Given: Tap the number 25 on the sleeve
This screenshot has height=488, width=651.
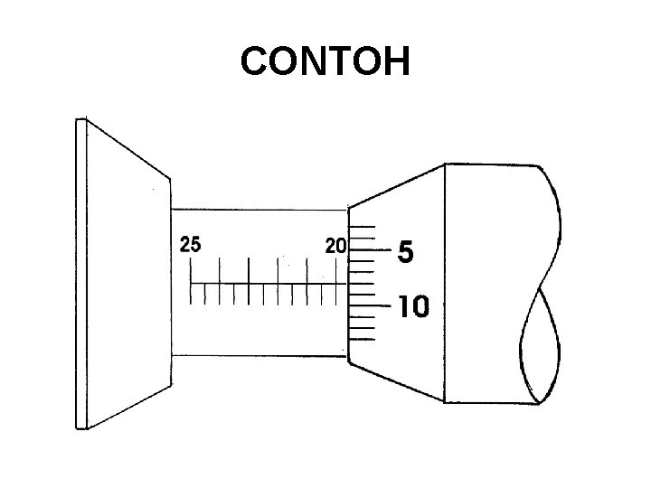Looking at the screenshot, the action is pyautogui.click(x=190, y=245).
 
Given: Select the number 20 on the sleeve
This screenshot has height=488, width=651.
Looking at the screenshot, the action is pyautogui.click(x=336, y=245).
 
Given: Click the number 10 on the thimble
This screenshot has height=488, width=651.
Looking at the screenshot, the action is pyautogui.click(x=413, y=307).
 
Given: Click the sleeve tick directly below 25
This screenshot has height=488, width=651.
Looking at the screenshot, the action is pyautogui.click(x=190, y=271).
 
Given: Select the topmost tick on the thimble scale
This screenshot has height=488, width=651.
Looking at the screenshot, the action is pyautogui.click(x=362, y=226).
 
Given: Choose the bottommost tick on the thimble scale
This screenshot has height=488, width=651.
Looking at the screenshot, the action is pyautogui.click(x=362, y=341).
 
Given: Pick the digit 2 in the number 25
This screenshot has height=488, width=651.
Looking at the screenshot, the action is pyautogui.click(x=184, y=245).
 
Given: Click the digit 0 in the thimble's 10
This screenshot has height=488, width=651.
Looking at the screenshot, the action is pyautogui.click(x=420, y=307).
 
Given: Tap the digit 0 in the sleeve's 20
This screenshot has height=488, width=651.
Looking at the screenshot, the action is pyautogui.click(x=342, y=245).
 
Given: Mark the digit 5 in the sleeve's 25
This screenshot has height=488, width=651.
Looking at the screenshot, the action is pyautogui.click(x=195, y=245).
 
